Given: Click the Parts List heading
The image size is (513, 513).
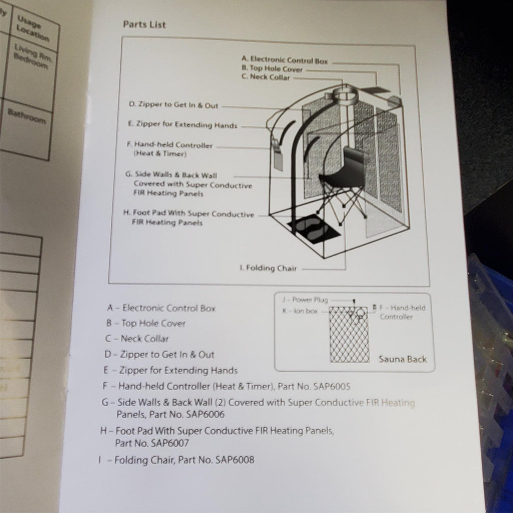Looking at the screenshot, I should click(144, 24).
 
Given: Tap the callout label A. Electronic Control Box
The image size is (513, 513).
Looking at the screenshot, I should click(284, 61).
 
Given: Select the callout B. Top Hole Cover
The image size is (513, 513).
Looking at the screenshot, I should click(272, 69).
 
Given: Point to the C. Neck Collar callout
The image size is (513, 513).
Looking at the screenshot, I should click(266, 78).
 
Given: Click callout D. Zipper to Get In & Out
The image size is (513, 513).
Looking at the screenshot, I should click(173, 105).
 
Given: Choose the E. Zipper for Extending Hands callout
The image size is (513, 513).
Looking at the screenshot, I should click(182, 124).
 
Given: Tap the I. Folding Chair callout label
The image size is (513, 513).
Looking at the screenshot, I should click(268, 268).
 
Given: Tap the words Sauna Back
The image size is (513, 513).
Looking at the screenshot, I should click(403, 359).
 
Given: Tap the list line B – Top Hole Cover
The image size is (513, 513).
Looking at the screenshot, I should click(146, 324).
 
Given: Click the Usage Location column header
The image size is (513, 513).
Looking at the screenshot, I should click(33, 29).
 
